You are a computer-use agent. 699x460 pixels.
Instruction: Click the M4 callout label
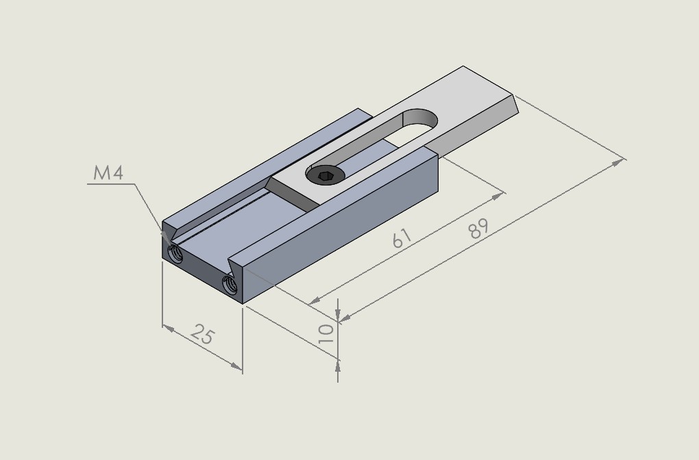click(108, 172)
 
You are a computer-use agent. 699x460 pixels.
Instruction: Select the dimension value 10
click(326, 333)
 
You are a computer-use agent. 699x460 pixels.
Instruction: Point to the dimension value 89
click(479, 229)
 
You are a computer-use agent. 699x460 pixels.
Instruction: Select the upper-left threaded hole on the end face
click(175, 254)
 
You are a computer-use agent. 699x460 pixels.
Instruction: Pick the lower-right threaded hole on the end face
click(230, 285)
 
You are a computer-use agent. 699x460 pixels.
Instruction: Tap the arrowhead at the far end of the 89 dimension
click(618, 162)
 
